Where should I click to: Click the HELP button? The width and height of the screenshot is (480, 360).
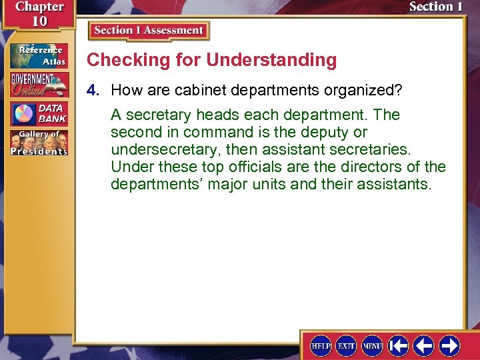(321, 345)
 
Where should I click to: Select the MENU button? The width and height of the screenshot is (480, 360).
(371, 345)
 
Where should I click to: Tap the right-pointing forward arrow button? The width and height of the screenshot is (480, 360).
(449, 345)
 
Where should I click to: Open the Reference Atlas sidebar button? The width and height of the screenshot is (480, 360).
(38, 56)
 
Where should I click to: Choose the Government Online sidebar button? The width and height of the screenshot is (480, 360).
(38, 85)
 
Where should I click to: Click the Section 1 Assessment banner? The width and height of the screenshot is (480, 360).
(149, 31)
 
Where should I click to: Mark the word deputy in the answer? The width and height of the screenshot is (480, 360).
(315, 132)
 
